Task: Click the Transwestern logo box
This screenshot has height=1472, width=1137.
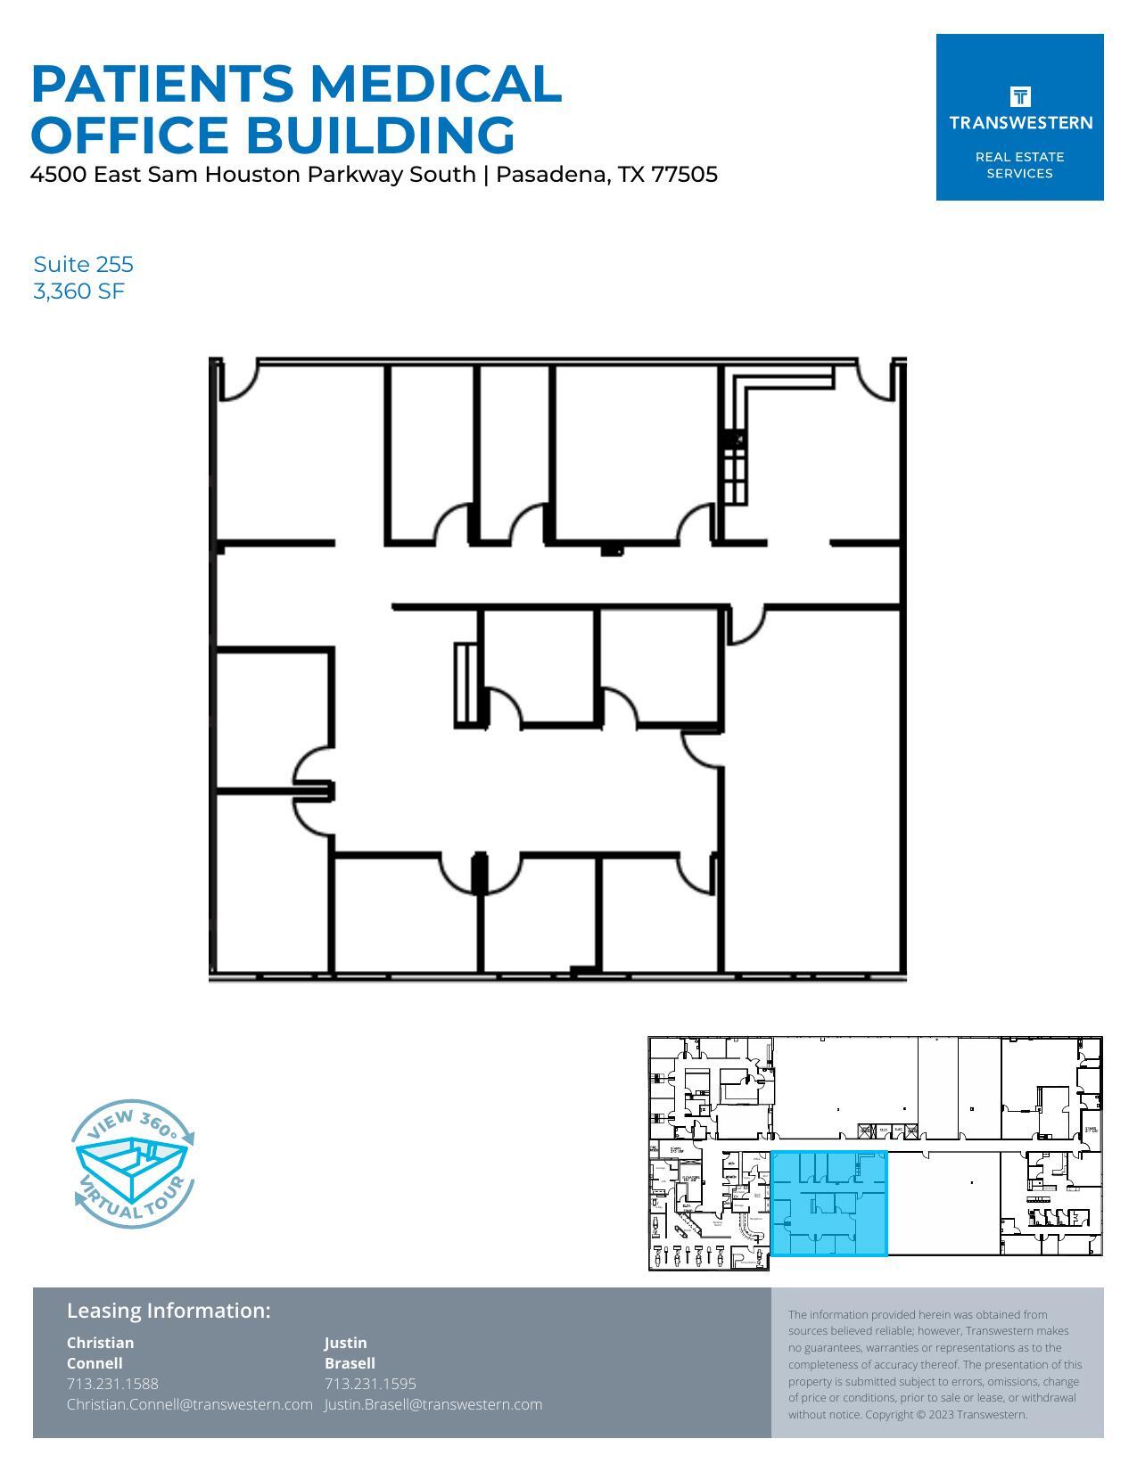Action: (1019, 117)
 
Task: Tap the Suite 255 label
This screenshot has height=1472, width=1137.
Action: (83, 264)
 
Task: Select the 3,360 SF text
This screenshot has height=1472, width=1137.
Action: (78, 291)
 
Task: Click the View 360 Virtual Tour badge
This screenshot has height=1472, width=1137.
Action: (133, 1163)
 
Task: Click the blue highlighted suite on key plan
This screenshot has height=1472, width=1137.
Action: (828, 1204)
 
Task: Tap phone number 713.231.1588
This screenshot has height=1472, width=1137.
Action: (112, 1384)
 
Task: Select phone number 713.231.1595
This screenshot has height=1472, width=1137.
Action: (370, 1384)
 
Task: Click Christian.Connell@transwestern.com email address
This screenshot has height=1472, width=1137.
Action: (189, 1404)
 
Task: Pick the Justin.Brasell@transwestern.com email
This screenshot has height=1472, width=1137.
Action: (433, 1404)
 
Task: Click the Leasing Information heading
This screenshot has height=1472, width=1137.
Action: (168, 1311)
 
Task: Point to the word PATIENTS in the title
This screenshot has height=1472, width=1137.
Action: (162, 83)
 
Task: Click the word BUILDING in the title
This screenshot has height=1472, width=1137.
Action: (381, 135)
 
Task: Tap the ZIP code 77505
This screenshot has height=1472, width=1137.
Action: (684, 174)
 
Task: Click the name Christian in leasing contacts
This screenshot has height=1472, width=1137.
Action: (100, 1343)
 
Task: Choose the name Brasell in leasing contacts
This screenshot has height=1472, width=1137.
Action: (350, 1363)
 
